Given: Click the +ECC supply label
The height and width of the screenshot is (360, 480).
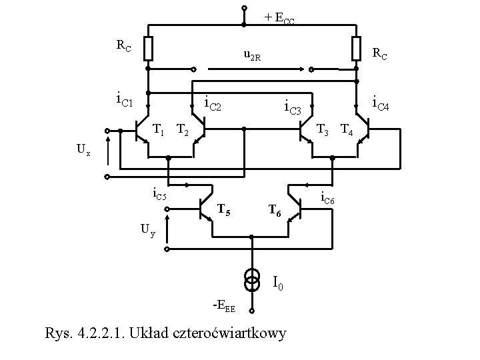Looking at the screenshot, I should pyautogui.click(x=279, y=19).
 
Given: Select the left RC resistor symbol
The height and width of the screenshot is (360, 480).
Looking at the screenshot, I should pyautogui.click(x=148, y=48).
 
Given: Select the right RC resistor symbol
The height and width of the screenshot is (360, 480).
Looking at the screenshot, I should pyautogui.click(x=356, y=48).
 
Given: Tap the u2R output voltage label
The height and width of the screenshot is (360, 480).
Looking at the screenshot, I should pyautogui.click(x=251, y=58).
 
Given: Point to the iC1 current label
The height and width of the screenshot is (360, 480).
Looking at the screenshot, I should pyautogui.click(x=125, y=101).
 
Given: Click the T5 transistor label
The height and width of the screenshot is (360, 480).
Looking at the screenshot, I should pyautogui.click(x=225, y=212).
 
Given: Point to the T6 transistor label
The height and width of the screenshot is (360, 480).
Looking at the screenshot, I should pyautogui.click(x=275, y=212).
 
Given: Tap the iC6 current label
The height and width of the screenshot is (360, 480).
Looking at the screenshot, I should pyautogui.click(x=331, y=197).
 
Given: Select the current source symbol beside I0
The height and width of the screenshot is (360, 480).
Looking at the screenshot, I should pyautogui.click(x=252, y=281).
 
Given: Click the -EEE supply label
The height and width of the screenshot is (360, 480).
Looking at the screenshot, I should pyautogui.click(x=223, y=307).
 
